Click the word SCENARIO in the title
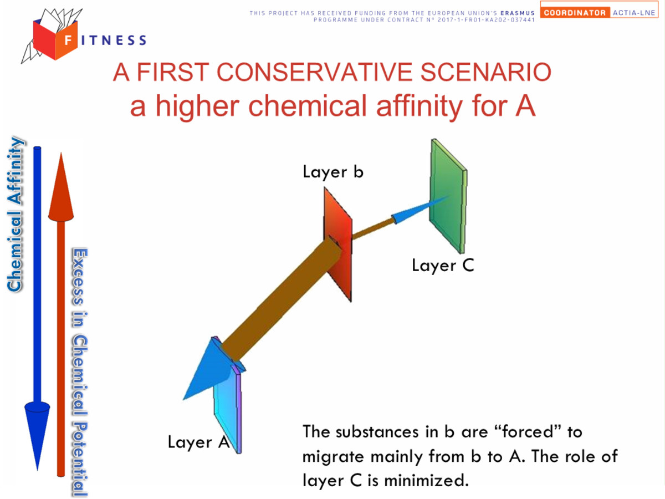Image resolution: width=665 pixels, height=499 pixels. pyautogui.click(x=485, y=72)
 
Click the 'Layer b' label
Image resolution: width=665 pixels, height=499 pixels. pyautogui.click(x=333, y=172)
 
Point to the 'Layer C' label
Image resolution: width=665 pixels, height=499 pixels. pyautogui.click(x=443, y=266)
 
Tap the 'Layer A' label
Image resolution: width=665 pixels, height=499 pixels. pyautogui.click(x=199, y=442)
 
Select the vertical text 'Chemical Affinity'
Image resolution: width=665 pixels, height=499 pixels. pyautogui.click(x=16, y=215)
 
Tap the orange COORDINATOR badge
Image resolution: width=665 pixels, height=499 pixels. pyautogui.click(x=575, y=13)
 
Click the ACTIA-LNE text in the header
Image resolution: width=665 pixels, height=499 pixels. pyautogui.click(x=634, y=13)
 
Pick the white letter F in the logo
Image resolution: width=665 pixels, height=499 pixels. pyautogui.click(x=68, y=40)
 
